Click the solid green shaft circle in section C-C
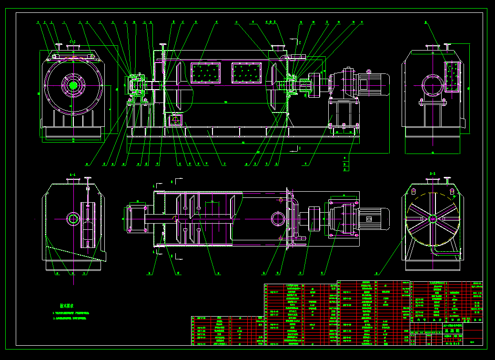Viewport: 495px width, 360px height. click(73, 85)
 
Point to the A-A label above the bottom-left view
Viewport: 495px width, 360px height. click(73, 175)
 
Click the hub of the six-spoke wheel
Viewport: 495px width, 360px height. click(433, 219)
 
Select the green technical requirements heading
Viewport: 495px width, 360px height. click(66, 306)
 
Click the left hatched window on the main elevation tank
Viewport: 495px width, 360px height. click(205, 72)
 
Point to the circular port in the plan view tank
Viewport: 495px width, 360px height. click(277, 219)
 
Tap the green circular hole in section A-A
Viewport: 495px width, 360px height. click(73, 219)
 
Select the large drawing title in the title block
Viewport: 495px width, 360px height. click(445, 329)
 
